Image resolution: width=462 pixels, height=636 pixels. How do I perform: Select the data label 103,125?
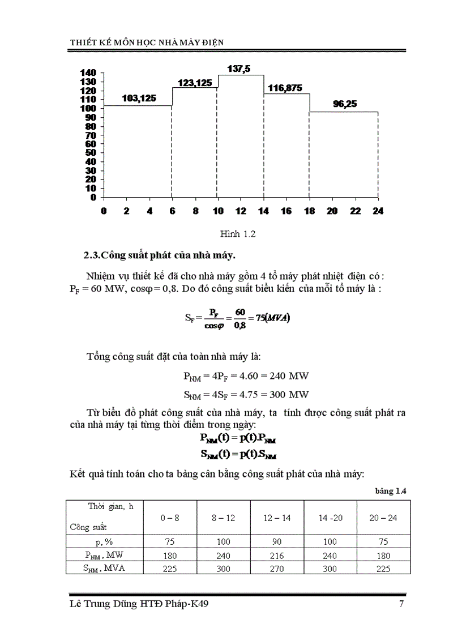click(139, 98)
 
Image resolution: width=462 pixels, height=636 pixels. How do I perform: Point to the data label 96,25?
click(345, 104)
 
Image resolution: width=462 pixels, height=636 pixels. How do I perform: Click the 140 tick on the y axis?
click(89, 73)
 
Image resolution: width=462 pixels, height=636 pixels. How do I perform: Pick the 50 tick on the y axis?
click(91, 153)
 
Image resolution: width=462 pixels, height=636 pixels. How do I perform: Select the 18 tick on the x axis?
click(309, 211)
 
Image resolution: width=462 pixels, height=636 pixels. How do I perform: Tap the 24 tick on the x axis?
click(378, 211)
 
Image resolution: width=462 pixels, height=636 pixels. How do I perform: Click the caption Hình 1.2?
click(238, 234)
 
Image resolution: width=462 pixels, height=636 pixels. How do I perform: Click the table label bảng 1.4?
click(391, 491)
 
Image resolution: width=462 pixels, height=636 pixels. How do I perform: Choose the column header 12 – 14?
click(277, 517)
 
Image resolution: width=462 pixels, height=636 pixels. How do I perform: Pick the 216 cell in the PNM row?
click(277, 556)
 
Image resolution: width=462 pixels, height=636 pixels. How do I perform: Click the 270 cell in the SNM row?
click(277, 569)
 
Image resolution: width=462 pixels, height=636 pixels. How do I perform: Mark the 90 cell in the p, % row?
click(277, 541)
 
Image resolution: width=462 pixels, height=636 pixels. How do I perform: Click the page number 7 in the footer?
click(401, 604)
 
